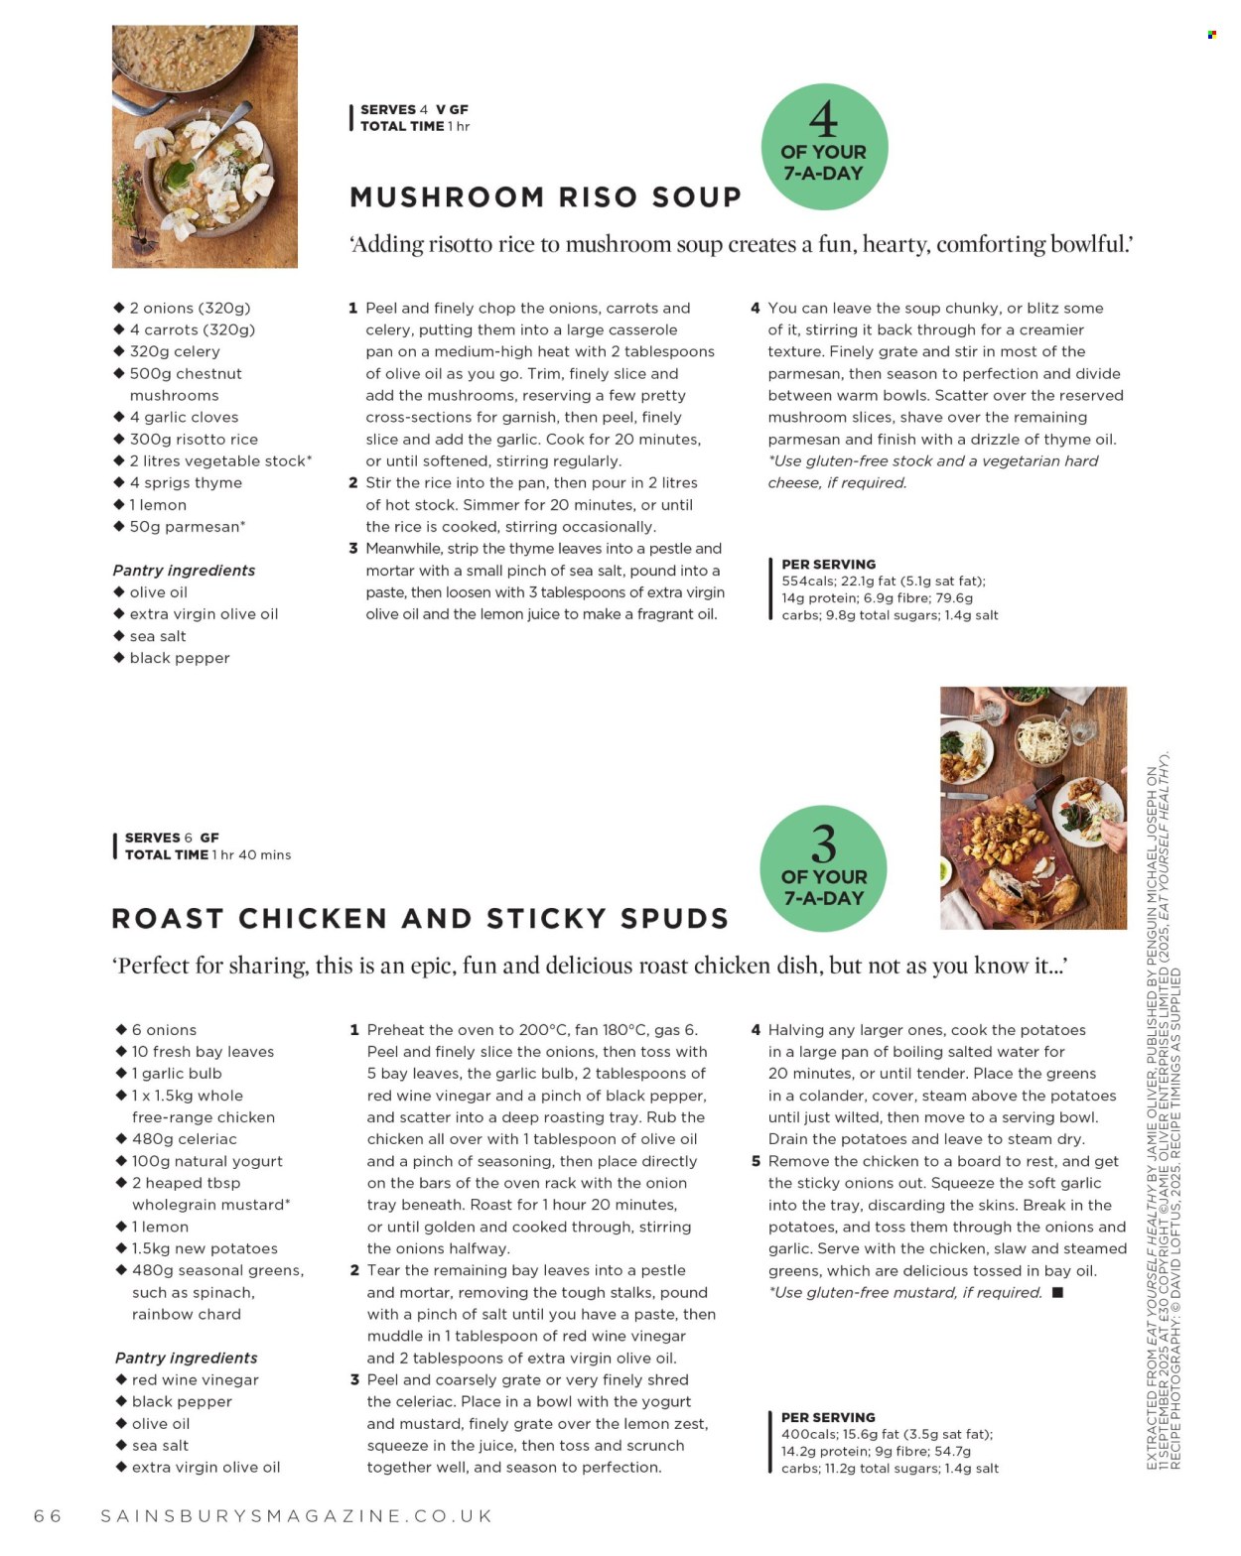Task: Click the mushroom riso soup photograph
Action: coord(205,147)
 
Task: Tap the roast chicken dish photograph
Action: coord(1033,808)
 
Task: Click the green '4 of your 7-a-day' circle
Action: coord(824,147)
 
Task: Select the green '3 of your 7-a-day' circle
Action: coord(823,869)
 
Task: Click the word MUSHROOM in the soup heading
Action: coord(446,197)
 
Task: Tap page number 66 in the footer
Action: coord(48,1516)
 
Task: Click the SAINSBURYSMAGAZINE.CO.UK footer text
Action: coord(297,1516)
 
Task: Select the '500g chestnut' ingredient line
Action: coord(186,374)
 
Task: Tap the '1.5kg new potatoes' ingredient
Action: coord(205,1248)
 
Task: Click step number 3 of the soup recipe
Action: coord(352,549)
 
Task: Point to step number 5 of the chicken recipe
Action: coord(756,1161)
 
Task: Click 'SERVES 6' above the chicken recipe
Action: coord(159,838)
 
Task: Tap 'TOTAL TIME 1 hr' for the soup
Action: coord(414,126)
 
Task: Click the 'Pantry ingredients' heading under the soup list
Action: coord(184,571)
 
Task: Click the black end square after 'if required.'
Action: coord(1057,1292)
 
